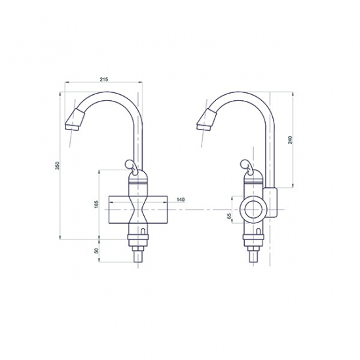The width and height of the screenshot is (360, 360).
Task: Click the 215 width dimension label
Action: [103, 79]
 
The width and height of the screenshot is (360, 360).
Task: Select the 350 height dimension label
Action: [58, 168]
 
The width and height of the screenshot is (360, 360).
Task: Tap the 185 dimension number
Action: [96, 206]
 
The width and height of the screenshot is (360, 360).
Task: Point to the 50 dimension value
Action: [96, 251]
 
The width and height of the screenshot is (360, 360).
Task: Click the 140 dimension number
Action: [181, 199]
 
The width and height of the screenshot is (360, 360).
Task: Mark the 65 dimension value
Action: [229, 217]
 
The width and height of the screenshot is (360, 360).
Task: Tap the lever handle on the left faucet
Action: [131, 165]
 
